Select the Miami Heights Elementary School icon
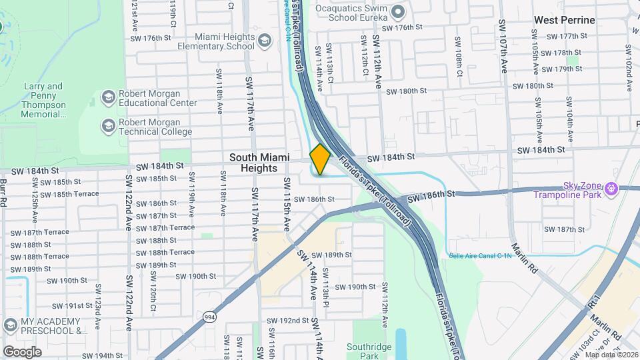(265, 41)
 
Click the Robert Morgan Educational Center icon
(107, 98)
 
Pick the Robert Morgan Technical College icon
(107, 126)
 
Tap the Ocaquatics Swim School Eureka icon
(398, 11)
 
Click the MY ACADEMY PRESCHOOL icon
(9, 325)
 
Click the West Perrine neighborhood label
(564, 20)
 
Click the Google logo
(22, 351)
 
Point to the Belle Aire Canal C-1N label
(481, 255)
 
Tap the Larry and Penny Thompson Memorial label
(45, 100)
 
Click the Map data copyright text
(611, 354)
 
